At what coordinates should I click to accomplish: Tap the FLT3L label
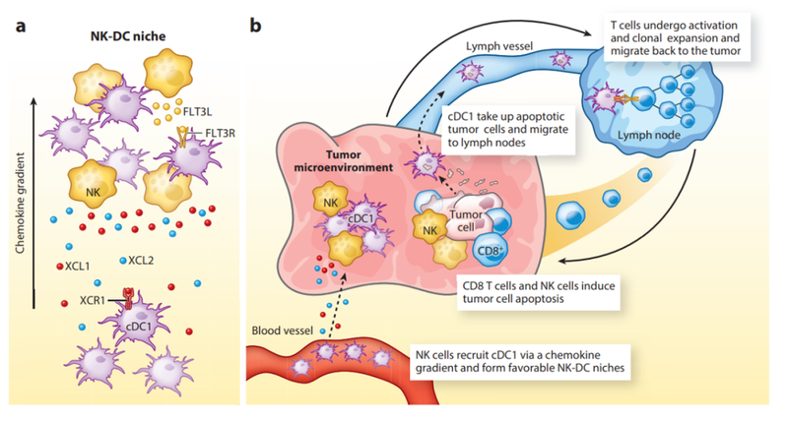(200, 112)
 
